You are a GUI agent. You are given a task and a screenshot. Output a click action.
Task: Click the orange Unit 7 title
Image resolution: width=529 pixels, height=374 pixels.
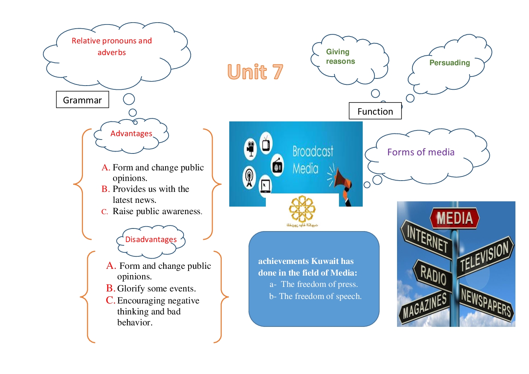255,72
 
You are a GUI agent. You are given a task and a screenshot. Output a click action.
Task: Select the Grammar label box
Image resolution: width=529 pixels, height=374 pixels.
82,100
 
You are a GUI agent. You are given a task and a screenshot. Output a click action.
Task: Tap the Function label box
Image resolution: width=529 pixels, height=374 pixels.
375,111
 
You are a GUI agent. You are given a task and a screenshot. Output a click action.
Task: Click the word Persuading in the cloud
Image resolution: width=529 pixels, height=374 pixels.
449,63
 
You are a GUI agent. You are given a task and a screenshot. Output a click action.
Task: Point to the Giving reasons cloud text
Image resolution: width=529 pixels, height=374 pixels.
340,57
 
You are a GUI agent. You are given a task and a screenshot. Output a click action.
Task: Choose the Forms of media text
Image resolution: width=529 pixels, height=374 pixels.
421,152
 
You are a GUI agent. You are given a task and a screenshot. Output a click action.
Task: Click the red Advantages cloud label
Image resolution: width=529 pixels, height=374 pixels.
131,133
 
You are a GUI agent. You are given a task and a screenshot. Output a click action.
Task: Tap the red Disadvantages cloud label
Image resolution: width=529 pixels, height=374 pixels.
151,239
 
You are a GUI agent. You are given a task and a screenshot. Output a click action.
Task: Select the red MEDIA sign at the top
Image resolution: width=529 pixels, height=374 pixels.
454,218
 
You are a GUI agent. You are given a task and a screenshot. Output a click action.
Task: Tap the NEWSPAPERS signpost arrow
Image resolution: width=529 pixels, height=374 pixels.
486,302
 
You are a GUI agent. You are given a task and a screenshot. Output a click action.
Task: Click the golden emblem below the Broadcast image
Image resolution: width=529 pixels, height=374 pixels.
302,209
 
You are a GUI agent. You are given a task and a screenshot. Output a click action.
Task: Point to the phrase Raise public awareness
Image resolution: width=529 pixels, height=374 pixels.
157,211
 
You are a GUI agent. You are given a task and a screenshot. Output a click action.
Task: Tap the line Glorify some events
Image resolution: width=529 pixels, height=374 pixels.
156,288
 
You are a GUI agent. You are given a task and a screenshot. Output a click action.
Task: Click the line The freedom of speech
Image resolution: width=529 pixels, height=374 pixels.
320,296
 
